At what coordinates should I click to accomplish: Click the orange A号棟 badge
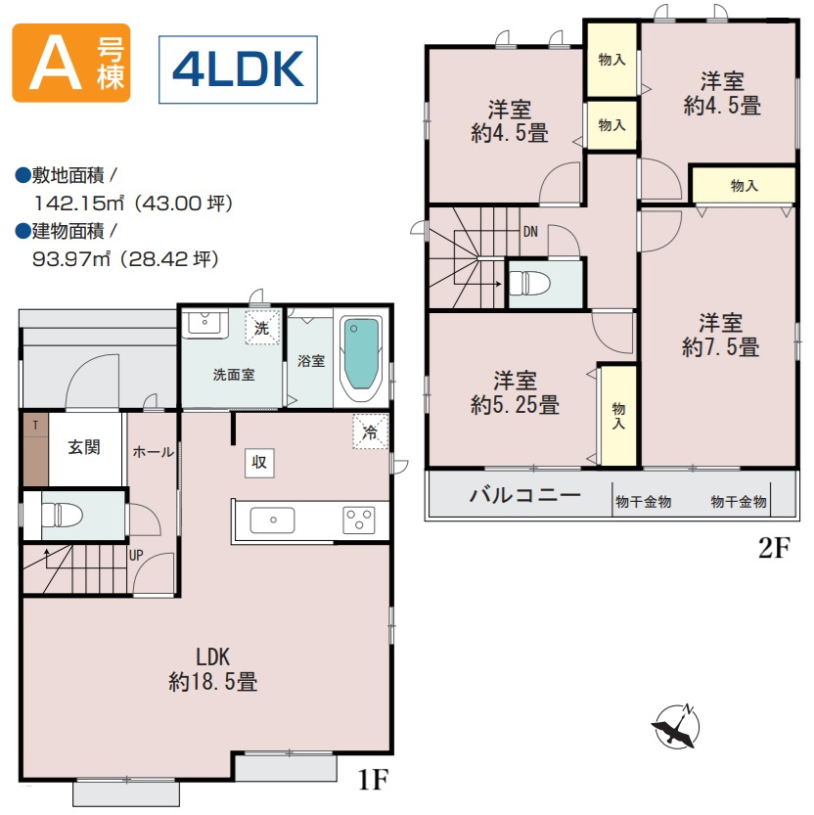pyautogui.click(x=71, y=63)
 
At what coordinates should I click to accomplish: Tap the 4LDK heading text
pyautogui.click(x=238, y=69)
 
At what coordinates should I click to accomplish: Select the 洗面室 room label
pyautogui.click(x=234, y=374)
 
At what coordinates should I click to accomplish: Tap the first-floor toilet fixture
pyautogui.click(x=63, y=515)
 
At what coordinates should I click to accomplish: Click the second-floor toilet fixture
pyautogui.click(x=529, y=284)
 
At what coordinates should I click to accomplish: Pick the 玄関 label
pyautogui.click(x=84, y=447)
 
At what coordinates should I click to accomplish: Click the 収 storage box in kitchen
pyautogui.click(x=259, y=462)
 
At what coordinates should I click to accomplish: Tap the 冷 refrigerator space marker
pyautogui.click(x=371, y=430)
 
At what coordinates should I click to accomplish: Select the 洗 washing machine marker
pyautogui.click(x=262, y=328)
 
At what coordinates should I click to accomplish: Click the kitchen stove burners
pyautogui.click(x=359, y=520)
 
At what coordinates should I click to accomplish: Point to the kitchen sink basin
pyautogui.click(x=272, y=521)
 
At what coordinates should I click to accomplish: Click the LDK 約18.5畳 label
pyautogui.click(x=213, y=669)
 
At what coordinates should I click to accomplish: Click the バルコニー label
pyautogui.click(x=525, y=495)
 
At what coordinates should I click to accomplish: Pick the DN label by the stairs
pyautogui.click(x=530, y=232)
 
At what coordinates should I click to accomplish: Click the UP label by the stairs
pyautogui.click(x=136, y=555)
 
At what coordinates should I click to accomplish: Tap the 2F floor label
pyautogui.click(x=774, y=547)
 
